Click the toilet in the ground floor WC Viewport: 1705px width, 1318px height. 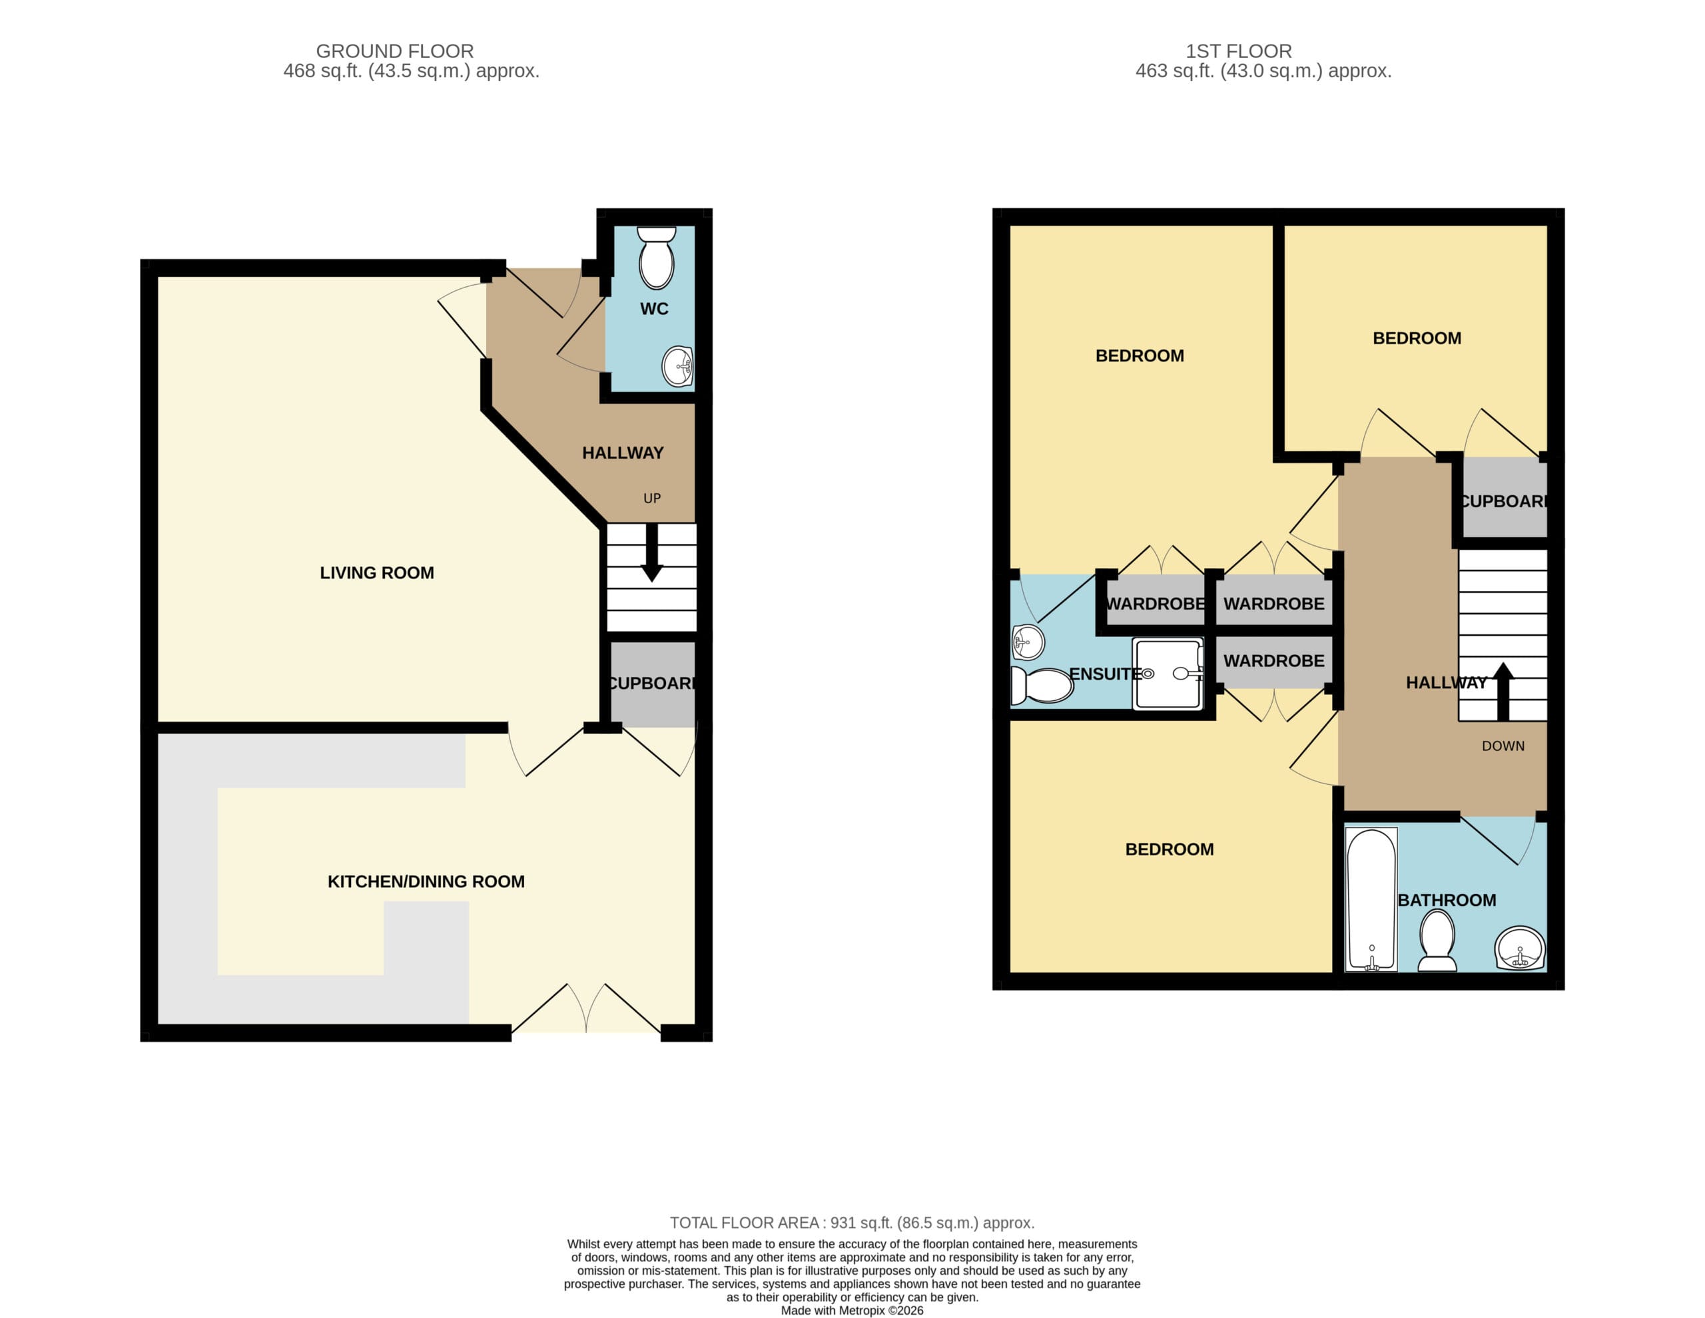click(x=656, y=258)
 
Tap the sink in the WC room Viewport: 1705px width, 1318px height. click(x=677, y=366)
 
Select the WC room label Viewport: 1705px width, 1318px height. click(x=654, y=309)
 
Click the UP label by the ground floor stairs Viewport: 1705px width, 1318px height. click(x=652, y=498)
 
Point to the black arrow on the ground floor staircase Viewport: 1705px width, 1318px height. click(x=652, y=552)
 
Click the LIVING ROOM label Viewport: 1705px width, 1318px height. click(x=377, y=572)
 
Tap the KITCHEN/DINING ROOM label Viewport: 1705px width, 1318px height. click(x=426, y=882)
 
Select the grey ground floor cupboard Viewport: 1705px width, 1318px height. click(x=653, y=684)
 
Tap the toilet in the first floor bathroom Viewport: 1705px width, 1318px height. click(x=1437, y=941)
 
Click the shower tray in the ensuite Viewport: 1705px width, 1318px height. click(x=1169, y=674)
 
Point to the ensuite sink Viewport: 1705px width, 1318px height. click(x=1028, y=643)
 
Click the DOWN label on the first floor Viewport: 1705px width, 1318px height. click(x=1503, y=746)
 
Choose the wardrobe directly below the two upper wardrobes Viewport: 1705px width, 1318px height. click(x=1274, y=661)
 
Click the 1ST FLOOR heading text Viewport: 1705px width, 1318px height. click(x=1238, y=51)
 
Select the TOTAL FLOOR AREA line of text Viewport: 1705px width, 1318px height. click(x=852, y=1223)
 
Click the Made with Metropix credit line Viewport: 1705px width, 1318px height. click(x=852, y=1310)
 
